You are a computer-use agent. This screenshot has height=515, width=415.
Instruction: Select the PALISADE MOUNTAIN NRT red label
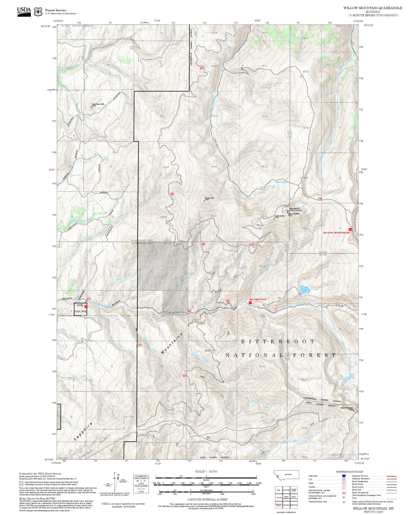coord(337,233)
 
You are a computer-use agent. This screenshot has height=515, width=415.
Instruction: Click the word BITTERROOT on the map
coord(278,341)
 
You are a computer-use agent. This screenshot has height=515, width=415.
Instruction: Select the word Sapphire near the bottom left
coord(83,431)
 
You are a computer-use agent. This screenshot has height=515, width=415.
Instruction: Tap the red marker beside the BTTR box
coord(86,307)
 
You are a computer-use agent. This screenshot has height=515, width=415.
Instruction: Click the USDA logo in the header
coord(24,11)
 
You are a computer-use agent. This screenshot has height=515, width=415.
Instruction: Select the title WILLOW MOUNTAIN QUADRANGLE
coord(372,8)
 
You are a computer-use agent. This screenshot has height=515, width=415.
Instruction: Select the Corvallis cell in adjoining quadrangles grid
coord(279,497)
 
